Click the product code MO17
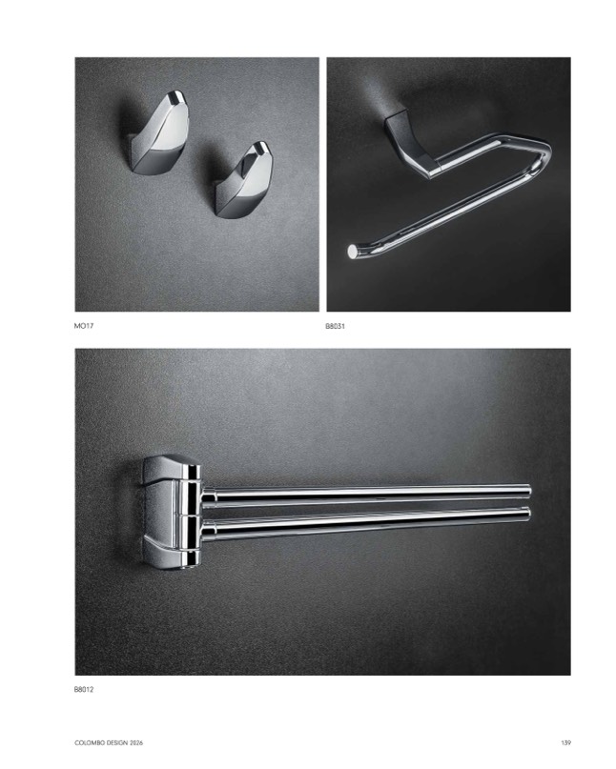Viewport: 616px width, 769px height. click(84, 326)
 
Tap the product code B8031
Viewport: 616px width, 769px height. click(336, 326)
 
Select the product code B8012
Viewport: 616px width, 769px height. click(84, 690)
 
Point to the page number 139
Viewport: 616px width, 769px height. click(565, 743)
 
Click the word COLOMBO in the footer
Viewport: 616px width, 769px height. click(87, 743)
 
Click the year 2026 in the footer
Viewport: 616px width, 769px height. click(136, 743)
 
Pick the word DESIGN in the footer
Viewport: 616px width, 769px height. click(114, 743)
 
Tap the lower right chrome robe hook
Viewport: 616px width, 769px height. click(243, 178)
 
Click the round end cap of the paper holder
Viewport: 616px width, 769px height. click(353, 251)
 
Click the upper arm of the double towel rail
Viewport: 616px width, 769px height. click(367, 492)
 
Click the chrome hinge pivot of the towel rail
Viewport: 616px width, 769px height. click(189, 515)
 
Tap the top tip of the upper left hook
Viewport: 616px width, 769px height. click(176, 92)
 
